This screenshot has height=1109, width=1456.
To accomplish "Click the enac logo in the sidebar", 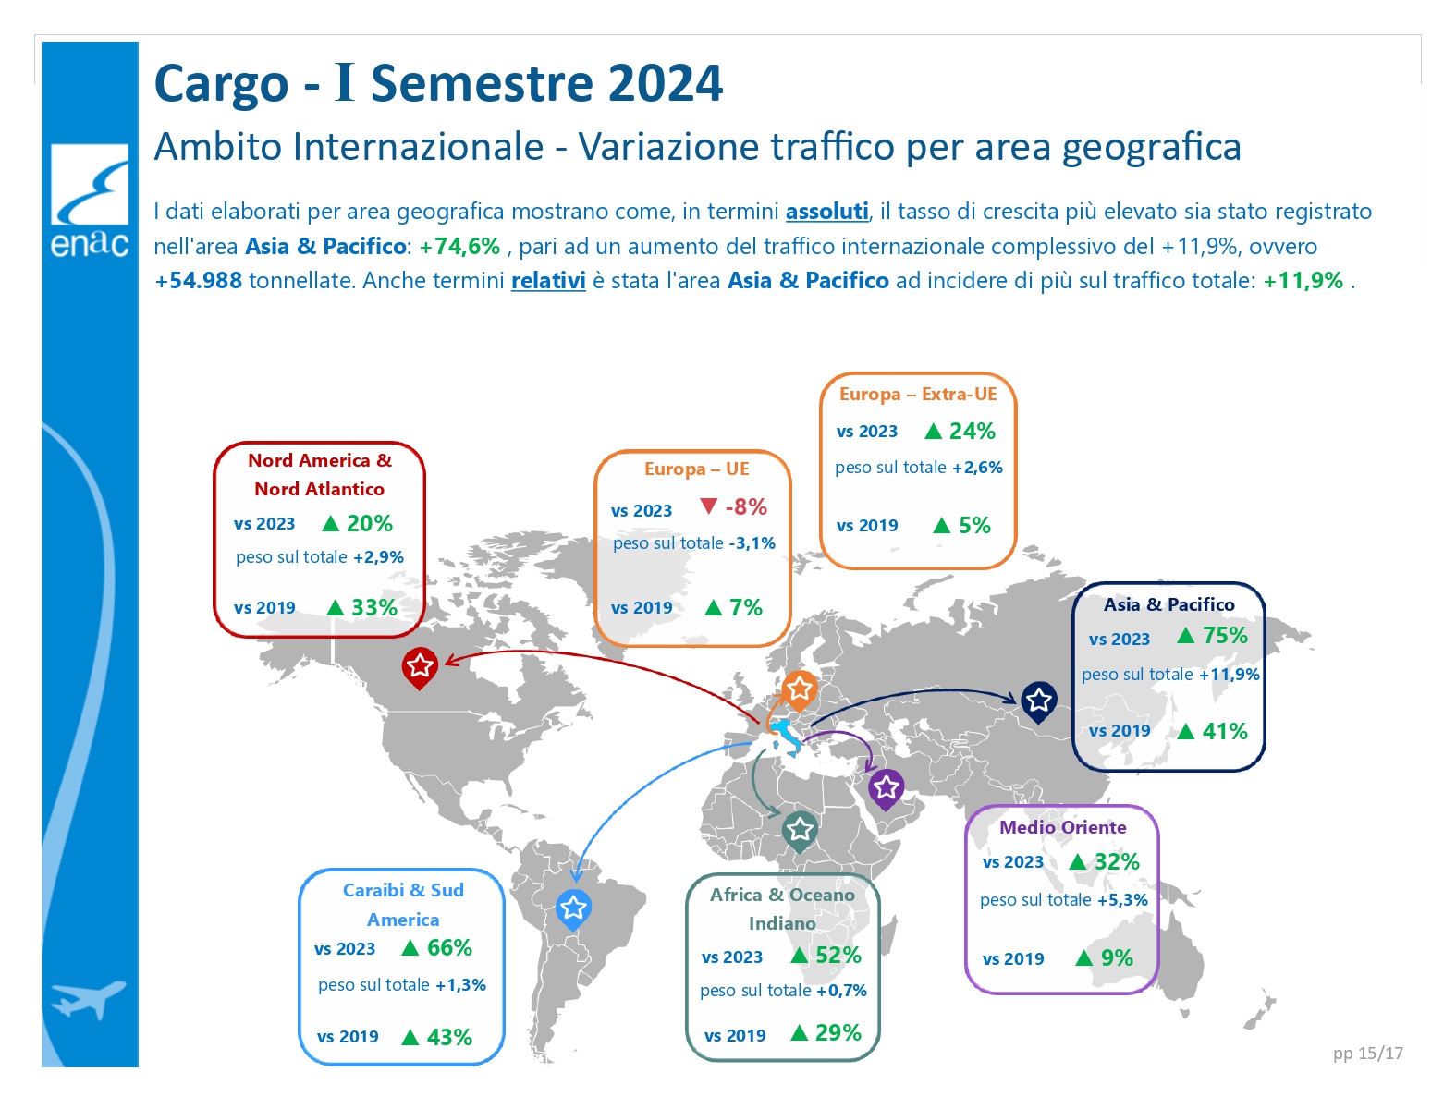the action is pyautogui.click(x=90, y=201).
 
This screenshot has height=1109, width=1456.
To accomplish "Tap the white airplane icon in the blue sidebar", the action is pyautogui.click(x=88, y=998).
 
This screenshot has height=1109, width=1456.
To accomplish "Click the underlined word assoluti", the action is pyautogui.click(x=826, y=212).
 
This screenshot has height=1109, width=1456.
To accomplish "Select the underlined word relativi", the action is pyautogui.click(x=548, y=280).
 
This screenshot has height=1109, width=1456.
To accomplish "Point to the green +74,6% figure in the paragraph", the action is pyautogui.click(x=459, y=247).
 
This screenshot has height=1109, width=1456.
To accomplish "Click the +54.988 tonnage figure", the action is pyautogui.click(x=199, y=280).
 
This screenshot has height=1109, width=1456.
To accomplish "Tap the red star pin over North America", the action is pyautogui.click(x=419, y=668).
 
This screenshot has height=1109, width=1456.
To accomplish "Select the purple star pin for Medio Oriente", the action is pyautogui.click(x=886, y=789).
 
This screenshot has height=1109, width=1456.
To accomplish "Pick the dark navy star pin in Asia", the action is pyautogui.click(x=1039, y=701).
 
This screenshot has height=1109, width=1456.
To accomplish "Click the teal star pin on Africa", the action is pyautogui.click(x=800, y=831).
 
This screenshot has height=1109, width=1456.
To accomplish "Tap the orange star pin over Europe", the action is pyautogui.click(x=799, y=690).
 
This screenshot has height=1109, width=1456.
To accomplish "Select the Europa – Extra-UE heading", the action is pyautogui.click(x=918, y=395).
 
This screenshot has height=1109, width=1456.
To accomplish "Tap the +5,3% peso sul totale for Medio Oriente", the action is pyautogui.click(x=1121, y=900).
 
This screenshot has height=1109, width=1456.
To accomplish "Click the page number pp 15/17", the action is pyautogui.click(x=1368, y=1053).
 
